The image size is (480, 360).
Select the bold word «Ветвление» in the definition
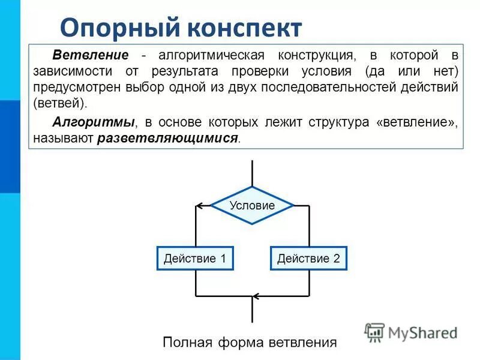click(91, 55)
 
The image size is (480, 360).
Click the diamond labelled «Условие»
click(252, 205)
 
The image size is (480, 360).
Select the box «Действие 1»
click(194, 259)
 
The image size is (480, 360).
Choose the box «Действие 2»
click(308, 259)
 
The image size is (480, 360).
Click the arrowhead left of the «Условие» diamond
click(200, 206)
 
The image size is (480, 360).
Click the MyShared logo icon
click(374, 332)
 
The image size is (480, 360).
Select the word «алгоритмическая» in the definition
click(210, 55)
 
